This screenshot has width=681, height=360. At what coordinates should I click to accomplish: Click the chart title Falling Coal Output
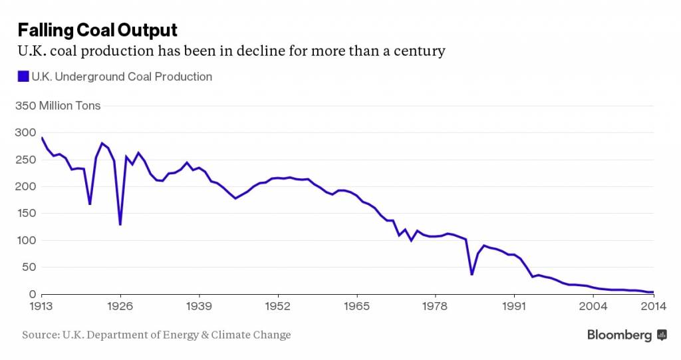pyautogui.click(x=97, y=30)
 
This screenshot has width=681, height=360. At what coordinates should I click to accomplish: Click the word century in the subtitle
pyautogui.click(x=419, y=51)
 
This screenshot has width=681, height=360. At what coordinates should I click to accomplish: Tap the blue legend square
pyautogui.click(x=23, y=77)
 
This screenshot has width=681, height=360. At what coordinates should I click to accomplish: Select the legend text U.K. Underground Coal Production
pyautogui.click(x=122, y=77)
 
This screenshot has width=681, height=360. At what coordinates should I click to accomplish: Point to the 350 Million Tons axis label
pyautogui.click(x=57, y=106)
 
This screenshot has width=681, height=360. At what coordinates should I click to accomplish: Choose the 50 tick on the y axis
pyautogui.click(x=27, y=268)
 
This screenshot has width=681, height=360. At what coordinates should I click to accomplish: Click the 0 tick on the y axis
pyautogui.click(x=31, y=294)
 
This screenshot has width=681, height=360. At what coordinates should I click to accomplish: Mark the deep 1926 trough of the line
pyautogui.click(x=120, y=224)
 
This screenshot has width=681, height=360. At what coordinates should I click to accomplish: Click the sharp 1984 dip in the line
pyautogui.click(x=472, y=274)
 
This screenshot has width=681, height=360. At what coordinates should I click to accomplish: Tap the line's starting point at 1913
pyautogui.click(x=42, y=138)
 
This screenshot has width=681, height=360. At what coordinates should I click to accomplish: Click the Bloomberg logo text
pyautogui.click(x=619, y=335)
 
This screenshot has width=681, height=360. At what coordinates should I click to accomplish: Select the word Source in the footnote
pyautogui.click(x=38, y=335)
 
